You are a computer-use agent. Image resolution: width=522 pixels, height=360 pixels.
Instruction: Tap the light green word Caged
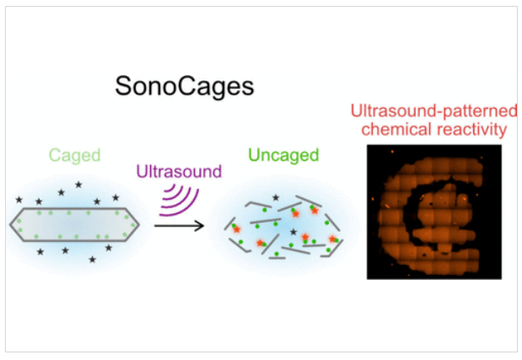click(74, 154)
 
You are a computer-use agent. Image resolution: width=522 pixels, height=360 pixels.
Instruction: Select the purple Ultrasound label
click(179, 172)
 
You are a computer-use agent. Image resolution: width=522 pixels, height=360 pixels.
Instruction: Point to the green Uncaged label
click(283, 155)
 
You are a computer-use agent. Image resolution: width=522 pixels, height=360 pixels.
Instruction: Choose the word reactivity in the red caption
click(468, 130)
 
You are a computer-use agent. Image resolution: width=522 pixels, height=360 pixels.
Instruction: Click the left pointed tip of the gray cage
click(11, 223)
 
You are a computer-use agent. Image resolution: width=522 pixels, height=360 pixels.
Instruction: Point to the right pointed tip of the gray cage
click(139, 223)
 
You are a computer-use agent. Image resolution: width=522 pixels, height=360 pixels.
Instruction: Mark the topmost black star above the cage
click(78, 185)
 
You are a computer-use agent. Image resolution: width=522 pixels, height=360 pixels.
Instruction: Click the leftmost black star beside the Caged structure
click(19, 200)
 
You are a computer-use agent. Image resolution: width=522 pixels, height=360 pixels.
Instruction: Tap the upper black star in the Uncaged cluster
click(275, 197)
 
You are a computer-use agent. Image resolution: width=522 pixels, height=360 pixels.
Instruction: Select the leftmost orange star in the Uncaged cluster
click(235, 228)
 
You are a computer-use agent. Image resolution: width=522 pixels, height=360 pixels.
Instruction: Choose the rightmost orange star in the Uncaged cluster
click(333, 239)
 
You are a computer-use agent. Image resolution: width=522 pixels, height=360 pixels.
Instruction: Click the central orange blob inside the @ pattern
click(433, 208)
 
